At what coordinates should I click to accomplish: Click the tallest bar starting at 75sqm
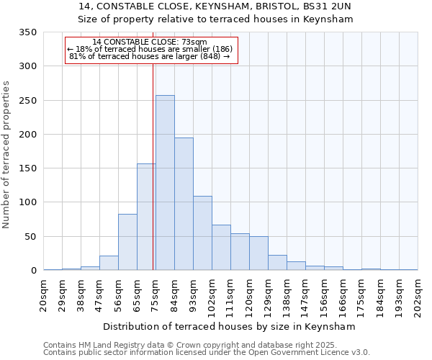coord(165,183)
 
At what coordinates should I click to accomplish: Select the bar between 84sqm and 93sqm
coord(184,204)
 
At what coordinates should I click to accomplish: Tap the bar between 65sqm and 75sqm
coord(146,217)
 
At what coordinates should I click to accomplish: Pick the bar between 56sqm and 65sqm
coord(127,242)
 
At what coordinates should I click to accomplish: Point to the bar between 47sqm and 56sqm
coord(109,263)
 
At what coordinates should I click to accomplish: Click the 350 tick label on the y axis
coord(27,32)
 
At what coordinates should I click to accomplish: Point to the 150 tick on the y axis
coord(27,168)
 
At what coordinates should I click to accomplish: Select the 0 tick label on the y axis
coord(33,271)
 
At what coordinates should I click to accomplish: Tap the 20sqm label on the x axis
coord(44,293)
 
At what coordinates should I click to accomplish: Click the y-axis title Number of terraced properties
coord(7,155)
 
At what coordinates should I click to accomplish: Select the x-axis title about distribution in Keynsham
coord(230,326)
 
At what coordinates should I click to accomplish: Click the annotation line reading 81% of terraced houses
coord(150,56)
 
